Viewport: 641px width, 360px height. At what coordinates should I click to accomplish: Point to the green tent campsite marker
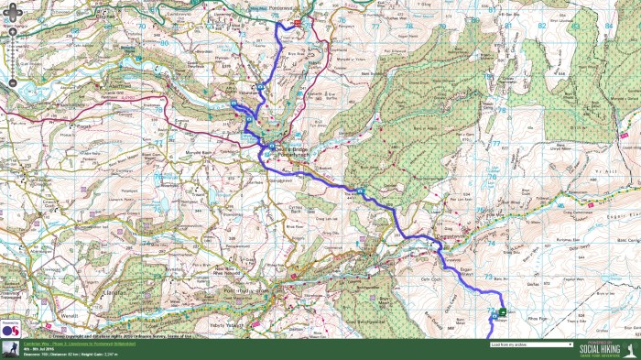tap(502, 312)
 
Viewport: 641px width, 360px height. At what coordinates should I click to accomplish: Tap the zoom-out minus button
tap(12, 84)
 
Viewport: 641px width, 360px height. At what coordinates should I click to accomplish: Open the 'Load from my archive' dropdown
tap(531, 344)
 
